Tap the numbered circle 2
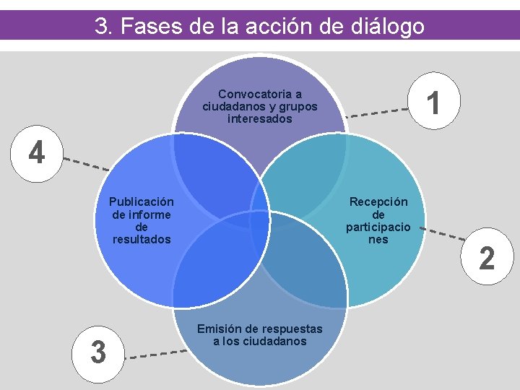point(487,258)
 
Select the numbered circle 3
point(98,352)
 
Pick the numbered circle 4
point(35,153)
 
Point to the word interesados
point(260,118)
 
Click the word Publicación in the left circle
point(142,202)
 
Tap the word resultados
point(142,239)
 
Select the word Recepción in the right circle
point(378,202)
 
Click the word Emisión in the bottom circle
point(217,329)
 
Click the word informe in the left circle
point(142,214)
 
